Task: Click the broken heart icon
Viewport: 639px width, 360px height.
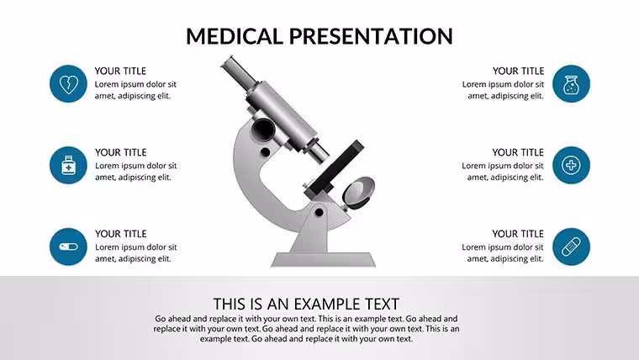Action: pos(68,84)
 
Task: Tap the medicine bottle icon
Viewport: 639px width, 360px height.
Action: pos(68,165)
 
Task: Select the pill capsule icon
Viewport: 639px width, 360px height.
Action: pos(68,246)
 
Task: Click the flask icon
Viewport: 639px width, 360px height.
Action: pos(571,84)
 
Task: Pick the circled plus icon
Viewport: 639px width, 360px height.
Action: pos(571,165)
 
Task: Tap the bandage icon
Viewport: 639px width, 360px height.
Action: pos(571,246)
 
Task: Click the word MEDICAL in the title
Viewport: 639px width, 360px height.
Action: pos(235,36)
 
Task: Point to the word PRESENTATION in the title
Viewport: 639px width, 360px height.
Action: pos(371,36)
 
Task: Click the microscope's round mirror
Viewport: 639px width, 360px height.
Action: pos(358,193)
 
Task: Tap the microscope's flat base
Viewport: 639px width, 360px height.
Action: pos(323,260)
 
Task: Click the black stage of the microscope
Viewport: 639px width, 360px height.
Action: pos(334,168)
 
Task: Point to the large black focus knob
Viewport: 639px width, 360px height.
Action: pos(263,130)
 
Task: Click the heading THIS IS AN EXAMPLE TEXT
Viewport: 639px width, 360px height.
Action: pos(306,304)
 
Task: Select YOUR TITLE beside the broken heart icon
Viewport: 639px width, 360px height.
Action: pos(120,71)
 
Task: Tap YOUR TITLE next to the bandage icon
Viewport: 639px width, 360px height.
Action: pos(518,234)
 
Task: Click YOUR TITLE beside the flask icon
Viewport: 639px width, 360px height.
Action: pos(519,71)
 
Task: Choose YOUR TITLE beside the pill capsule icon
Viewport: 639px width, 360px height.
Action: pos(120,234)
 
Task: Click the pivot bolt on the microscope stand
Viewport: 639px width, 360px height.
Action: pos(319,213)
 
